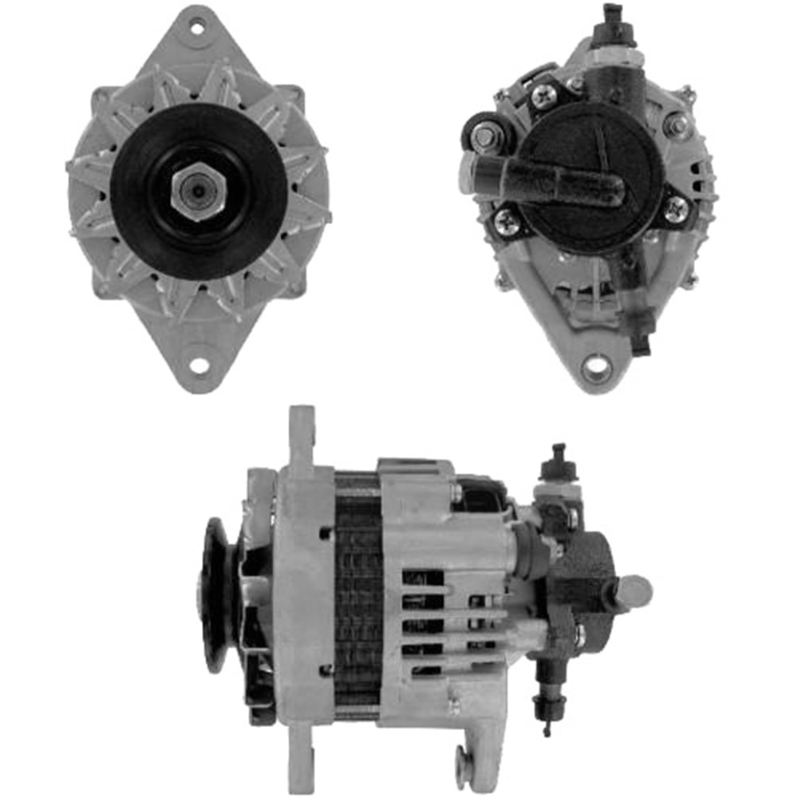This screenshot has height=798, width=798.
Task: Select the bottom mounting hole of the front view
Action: [x=198, y=365]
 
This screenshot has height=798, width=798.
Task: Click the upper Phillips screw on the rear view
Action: [x=543, y=97]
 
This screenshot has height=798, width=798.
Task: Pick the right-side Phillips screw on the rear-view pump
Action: [x=676, y=208]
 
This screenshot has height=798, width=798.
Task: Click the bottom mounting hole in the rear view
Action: [x=596, y=369]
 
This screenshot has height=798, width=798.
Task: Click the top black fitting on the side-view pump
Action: [x=555, y=463]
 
